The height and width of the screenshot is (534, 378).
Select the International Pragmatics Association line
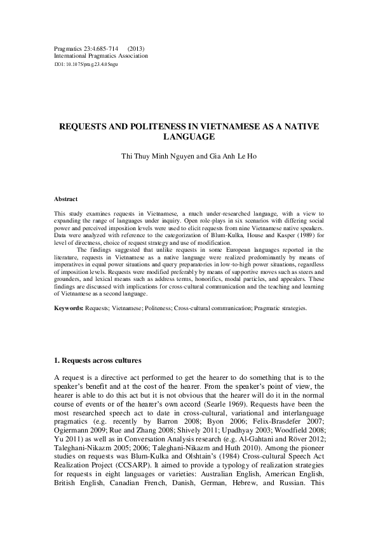(x=102, y=56)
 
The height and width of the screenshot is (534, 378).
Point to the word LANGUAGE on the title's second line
(x=189, y=136)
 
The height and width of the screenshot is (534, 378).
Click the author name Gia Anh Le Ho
(x=232, y=156)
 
